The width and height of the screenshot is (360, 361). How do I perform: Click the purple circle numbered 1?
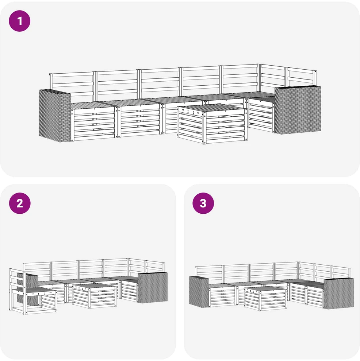click(20, 21)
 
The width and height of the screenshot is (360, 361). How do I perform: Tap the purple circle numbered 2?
click(20, 203)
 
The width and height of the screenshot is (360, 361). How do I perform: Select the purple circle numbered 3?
click(203, 203)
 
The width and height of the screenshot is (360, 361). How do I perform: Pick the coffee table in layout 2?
click(94, 296)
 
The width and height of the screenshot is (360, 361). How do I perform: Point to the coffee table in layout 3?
click(266, 298)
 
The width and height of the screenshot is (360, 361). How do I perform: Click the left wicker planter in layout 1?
click(55, 116)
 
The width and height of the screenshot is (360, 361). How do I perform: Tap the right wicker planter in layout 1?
click(298, 110)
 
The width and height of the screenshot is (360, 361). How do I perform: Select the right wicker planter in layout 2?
click(153, 287)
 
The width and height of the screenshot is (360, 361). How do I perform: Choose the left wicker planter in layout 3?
click(199, 291)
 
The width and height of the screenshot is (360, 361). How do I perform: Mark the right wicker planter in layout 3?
click(338, 293)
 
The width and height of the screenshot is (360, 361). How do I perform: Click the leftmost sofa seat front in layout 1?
click(93, 124)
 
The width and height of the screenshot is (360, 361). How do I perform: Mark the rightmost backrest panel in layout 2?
click(155, 267)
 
